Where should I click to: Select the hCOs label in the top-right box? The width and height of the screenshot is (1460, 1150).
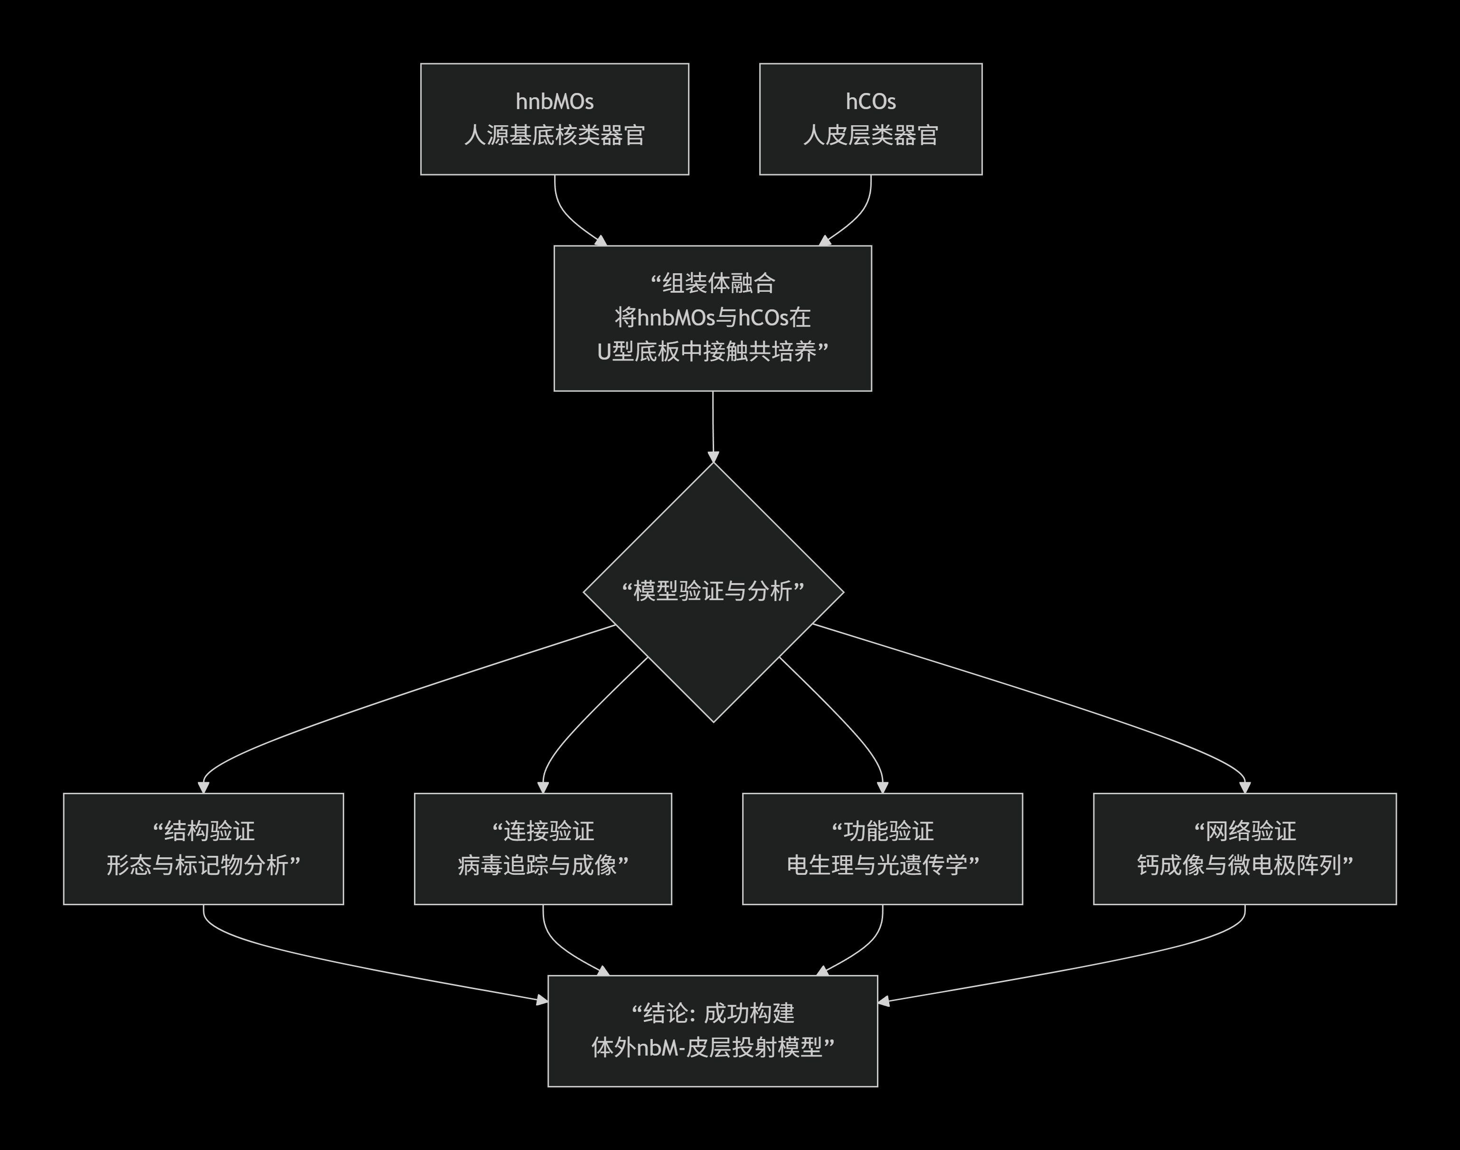tap(870, 102)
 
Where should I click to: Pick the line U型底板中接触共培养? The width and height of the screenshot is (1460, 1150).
tap(713, 352)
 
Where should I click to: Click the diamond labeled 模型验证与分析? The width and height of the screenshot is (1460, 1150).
tap(713, 592)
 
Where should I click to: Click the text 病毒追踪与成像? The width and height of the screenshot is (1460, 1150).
tap(543, 866)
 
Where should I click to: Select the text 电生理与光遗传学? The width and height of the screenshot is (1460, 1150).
tap(883, 866)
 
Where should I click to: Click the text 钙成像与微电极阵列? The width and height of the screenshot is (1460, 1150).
tap(1244, 866)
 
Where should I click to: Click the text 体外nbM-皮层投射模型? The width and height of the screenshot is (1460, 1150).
tap(713, 1048)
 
